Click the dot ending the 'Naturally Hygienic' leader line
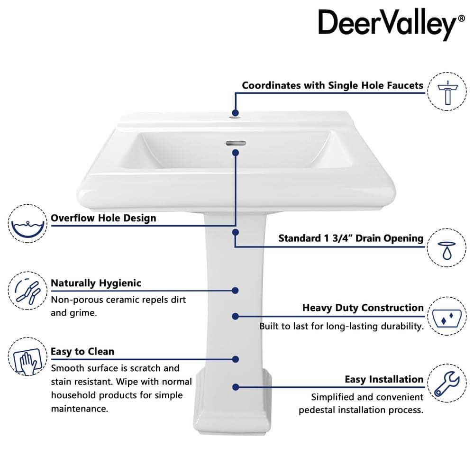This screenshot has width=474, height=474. point(235,291)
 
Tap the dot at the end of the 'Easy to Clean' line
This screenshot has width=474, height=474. point(236,359)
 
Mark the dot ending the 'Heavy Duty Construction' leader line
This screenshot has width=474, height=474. point(236,316)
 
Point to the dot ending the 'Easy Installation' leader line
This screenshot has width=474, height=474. point(236,387)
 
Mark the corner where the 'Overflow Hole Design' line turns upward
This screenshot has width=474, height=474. point(235,225)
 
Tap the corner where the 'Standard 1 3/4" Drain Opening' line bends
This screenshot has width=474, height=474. point(235,246)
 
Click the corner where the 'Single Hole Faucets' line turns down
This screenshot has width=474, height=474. point(236,93)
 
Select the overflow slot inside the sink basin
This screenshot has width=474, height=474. point(236,143)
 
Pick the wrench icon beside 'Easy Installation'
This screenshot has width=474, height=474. point(447,383)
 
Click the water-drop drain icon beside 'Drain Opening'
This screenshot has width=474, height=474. point(447,250)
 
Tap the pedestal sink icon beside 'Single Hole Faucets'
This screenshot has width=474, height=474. point(448,92)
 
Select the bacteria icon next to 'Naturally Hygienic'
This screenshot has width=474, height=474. point(27,291)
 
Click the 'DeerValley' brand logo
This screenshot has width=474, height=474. point(391,24)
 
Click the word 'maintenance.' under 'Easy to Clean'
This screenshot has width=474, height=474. point(80,409)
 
